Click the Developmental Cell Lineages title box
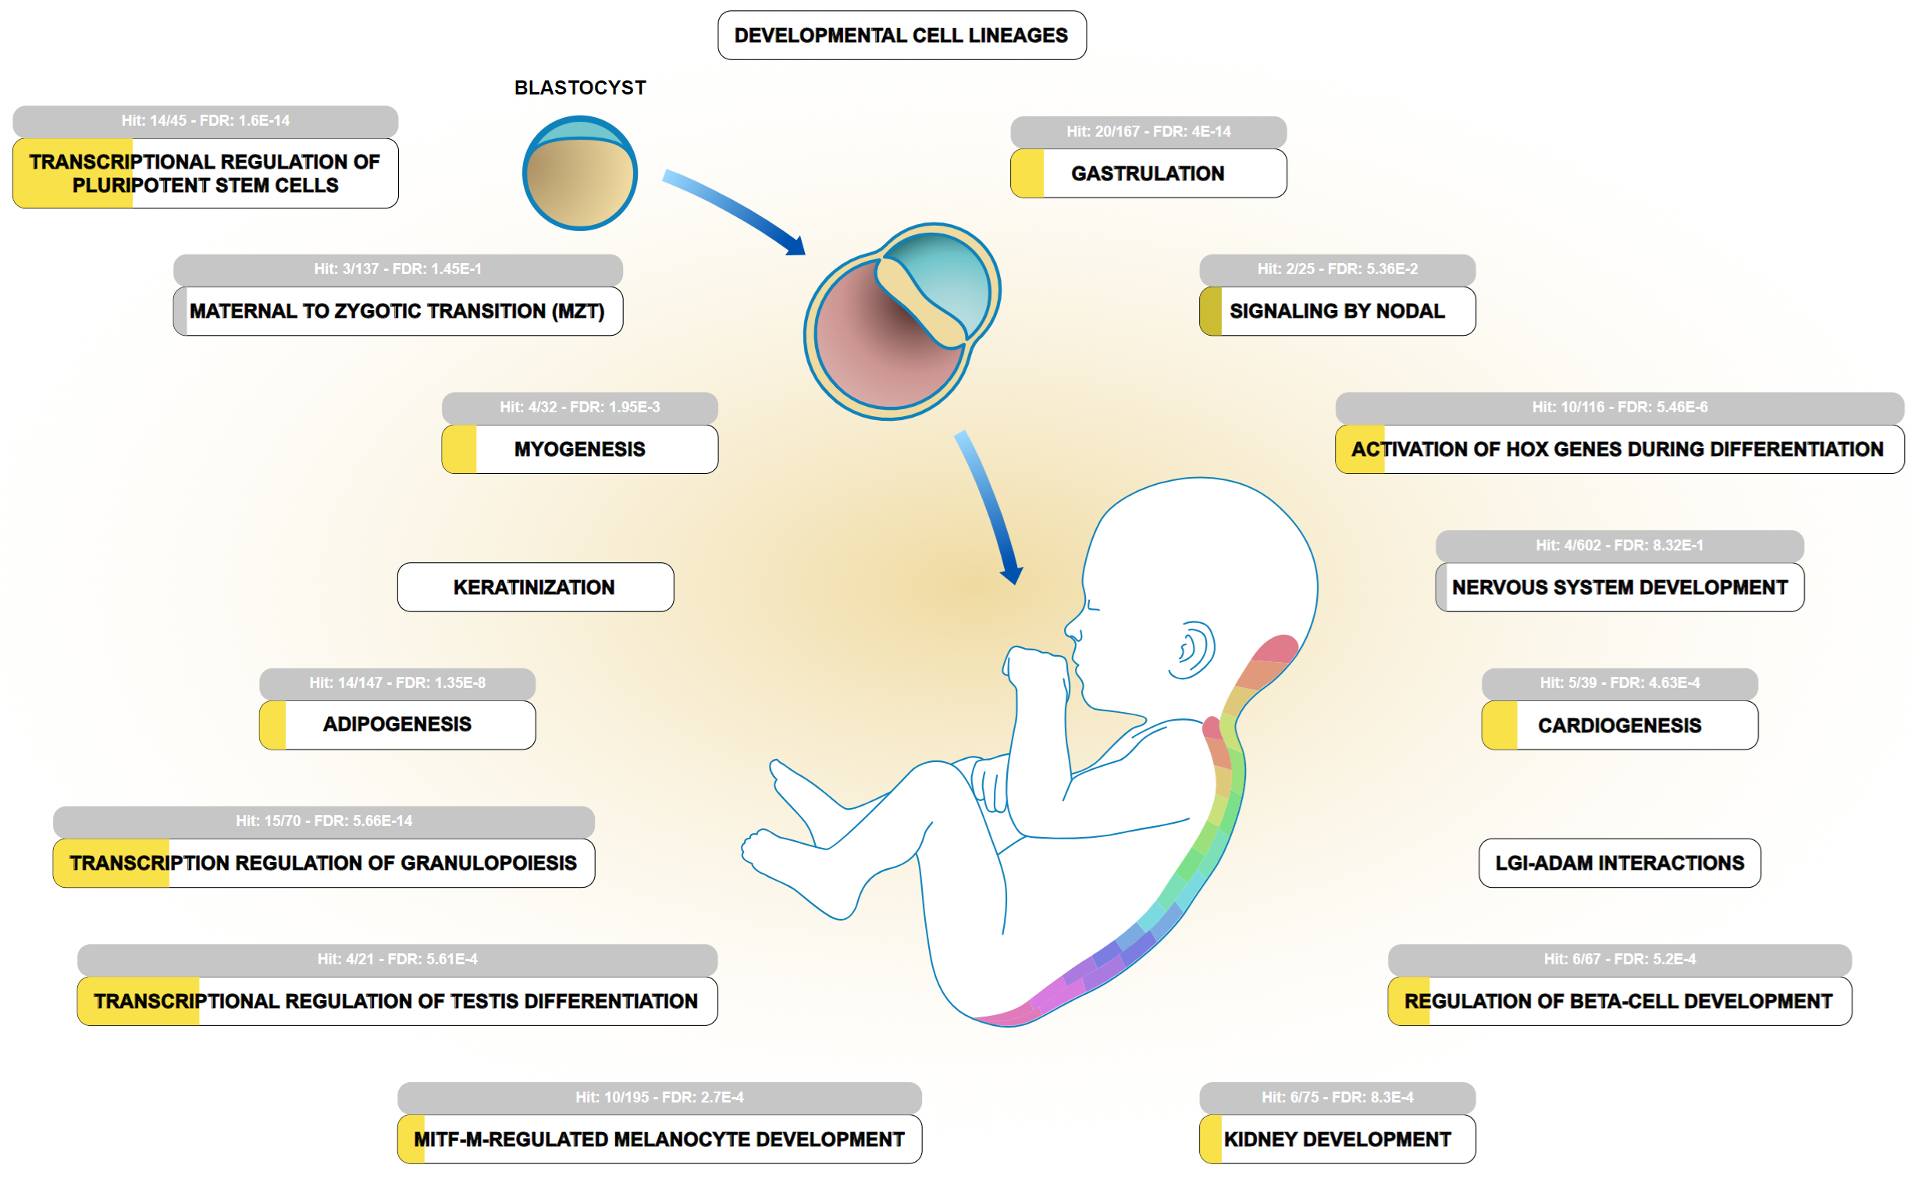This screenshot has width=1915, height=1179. point(901,35)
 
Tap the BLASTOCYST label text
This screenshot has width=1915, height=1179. point(579,87)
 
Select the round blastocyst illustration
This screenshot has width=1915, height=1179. point(579,173)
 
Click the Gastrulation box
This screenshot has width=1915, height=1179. point(1148,173)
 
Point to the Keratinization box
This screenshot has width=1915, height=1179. point(535,587)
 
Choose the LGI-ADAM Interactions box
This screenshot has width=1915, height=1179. point(1619,863)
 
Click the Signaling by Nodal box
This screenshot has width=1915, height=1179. point(1337,311)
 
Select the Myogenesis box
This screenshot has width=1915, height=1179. point(579,449)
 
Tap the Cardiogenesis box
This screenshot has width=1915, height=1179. point(1619,725)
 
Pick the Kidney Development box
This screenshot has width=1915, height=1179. point(1337,1139)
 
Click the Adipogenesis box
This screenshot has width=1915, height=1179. point(397,725)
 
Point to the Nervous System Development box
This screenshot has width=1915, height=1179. point(1619,587)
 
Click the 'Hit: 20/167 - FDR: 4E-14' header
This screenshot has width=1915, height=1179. point(1148,131)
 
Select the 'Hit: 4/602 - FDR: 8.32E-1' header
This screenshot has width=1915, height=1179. point(1619,545)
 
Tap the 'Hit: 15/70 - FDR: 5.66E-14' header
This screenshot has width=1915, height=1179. point(324,821)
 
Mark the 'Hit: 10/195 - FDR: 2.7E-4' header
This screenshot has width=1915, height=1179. point(659,1097)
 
